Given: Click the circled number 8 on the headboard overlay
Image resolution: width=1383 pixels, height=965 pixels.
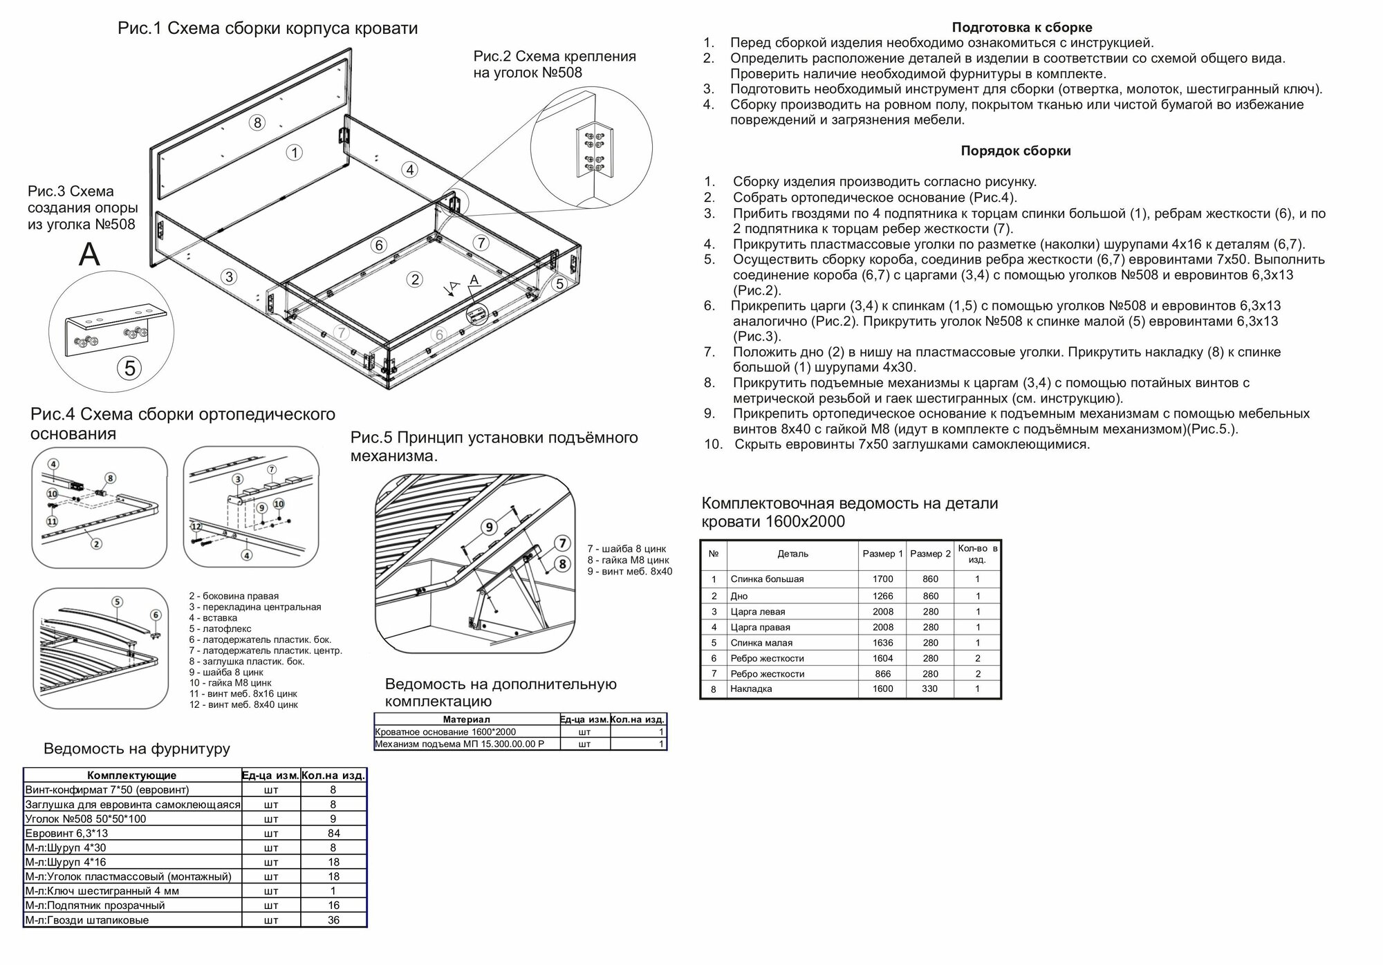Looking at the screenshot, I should click(x=257, y=122).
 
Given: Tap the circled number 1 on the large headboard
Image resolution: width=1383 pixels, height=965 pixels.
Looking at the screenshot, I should click(x=295, y=152).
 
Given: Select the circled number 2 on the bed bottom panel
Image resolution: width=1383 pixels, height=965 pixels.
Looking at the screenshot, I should click(x=414, y=279).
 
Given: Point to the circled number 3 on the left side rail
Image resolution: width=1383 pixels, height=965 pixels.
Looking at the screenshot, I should click(x=229, y=277).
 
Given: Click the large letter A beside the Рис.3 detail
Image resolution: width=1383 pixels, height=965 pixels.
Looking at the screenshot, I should click(x=89, y=254).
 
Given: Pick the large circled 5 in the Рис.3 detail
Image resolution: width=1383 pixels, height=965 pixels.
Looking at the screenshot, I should click(x=130, y=368).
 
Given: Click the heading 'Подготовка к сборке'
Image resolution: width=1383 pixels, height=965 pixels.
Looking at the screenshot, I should click(x=1021, y=28).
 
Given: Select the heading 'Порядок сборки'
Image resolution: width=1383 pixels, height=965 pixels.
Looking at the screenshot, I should click(x=1015, y=151).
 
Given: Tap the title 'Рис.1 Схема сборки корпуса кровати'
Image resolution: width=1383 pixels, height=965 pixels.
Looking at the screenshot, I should click(x=268, y=28).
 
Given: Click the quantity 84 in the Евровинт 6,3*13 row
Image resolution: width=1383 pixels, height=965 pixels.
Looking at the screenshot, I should click(x=333, y=833).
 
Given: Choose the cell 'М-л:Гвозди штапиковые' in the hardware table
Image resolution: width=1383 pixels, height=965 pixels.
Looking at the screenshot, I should click(x=87, y=920).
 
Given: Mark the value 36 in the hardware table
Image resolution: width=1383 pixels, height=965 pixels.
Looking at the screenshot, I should click(x=333, y=920).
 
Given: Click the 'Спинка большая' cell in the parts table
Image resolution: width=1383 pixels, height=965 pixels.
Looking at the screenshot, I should click(x=767, y=579).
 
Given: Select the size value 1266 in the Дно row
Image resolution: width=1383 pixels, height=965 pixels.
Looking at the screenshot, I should click(x=882, y=596).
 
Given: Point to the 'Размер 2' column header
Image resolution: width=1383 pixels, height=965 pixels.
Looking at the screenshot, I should click(x=930, y=554).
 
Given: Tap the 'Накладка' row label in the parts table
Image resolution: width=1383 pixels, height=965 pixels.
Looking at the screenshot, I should click(x=751, y=688).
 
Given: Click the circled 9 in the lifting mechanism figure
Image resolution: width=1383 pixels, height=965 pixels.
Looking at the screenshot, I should click(x=490, y=527).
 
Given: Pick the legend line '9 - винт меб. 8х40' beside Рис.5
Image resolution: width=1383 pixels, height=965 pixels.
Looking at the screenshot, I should click(x=629, y=572).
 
